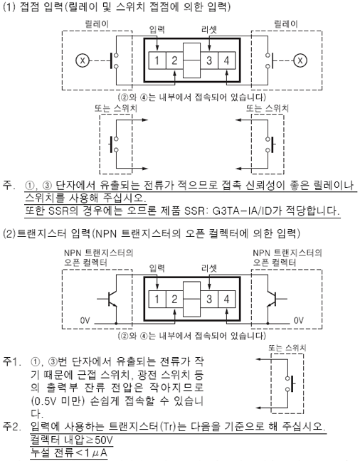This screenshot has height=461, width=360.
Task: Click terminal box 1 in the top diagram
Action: point(157,60)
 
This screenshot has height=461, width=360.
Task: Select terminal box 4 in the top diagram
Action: point(226,60)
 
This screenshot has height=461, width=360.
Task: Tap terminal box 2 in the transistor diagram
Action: point(174,300)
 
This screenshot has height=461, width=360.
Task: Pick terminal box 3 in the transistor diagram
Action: point(209,300)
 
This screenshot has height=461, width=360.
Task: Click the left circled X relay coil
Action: point(83,60)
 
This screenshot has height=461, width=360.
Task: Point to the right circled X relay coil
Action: point(300,60)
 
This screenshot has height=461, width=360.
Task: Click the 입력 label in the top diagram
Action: point(157,29)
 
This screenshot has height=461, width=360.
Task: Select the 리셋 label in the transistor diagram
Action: point(209,268)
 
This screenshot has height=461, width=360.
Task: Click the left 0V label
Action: point(85,320)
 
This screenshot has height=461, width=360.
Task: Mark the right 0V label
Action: point(299,320)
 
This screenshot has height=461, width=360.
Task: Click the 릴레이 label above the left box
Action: point(97,23)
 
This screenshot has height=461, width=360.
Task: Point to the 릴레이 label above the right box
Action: point(286,23)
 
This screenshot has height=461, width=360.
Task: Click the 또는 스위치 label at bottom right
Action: point(287,348)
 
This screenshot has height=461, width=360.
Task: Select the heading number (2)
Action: point(9,234)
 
